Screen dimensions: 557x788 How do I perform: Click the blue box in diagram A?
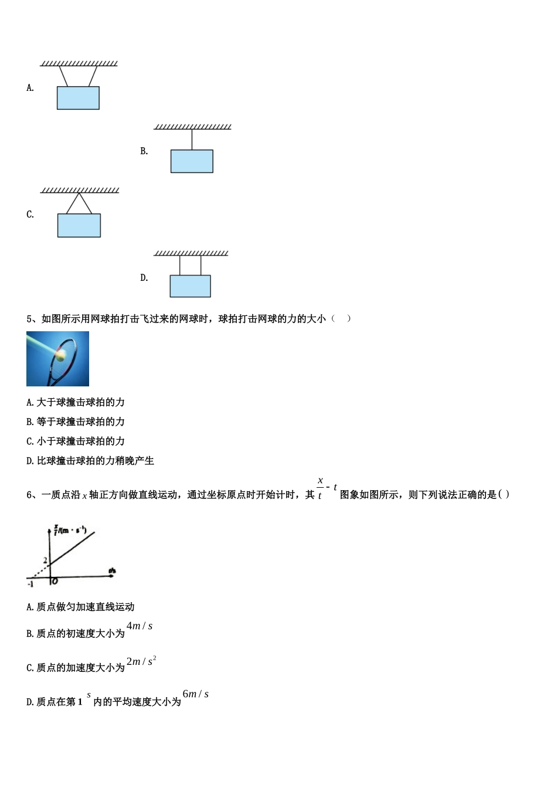[78, 98]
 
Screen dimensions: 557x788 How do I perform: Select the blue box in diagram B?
[192, 161]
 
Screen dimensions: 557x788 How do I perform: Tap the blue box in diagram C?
[79, 225]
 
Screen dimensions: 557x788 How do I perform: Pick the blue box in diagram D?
[190, 286]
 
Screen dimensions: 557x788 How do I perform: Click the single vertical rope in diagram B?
[192, 140]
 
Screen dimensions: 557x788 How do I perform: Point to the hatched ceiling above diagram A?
[79, 63]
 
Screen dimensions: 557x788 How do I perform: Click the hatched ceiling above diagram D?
[191, 253]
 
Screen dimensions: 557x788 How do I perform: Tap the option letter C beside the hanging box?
[30, 215]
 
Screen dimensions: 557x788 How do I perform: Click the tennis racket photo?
[57, 359]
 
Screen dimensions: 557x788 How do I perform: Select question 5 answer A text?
[76, 402]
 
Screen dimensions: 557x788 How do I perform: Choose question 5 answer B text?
[76, 422]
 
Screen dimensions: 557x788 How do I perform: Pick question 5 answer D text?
[90, 461]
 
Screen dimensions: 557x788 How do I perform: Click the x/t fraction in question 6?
[320, 488]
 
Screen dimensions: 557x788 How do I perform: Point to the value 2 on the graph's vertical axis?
[45, 561]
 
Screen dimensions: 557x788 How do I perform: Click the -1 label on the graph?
[30, 584]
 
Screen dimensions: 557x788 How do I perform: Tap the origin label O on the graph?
[55, 581]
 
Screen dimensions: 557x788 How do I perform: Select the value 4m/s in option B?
[140, 626]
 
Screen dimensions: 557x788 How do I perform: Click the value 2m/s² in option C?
[141, 661]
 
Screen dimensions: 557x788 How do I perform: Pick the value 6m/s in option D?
[196, 694]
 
